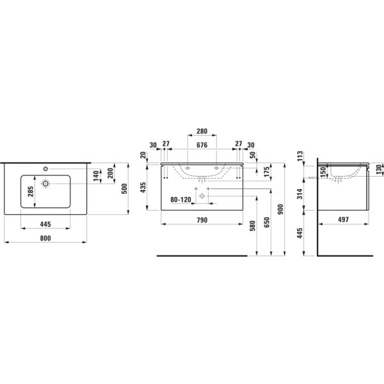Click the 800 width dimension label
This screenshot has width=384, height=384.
[x=45, y=238]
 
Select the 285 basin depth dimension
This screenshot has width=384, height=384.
[x=31, y=191]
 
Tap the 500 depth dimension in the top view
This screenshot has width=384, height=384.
[x=124, y=189]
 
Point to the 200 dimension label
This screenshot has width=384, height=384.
[x=111, y=173]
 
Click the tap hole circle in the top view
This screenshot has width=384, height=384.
[x=45, y=169]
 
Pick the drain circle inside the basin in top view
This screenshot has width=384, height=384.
[x=45, y=183]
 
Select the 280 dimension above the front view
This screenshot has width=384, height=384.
[x=202, y=131]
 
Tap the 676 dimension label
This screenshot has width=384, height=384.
[x=202, y=145]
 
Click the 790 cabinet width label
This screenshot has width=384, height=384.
[x=202, y=220]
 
